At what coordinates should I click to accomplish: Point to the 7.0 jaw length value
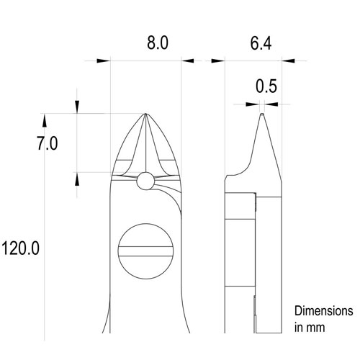pos(47,143)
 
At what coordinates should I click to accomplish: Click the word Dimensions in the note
pos(323,312)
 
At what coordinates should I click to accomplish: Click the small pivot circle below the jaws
pos(146,181)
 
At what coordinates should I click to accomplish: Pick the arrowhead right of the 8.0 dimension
pos(189,60)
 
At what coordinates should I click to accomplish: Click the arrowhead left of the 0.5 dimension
pos(251,104)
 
